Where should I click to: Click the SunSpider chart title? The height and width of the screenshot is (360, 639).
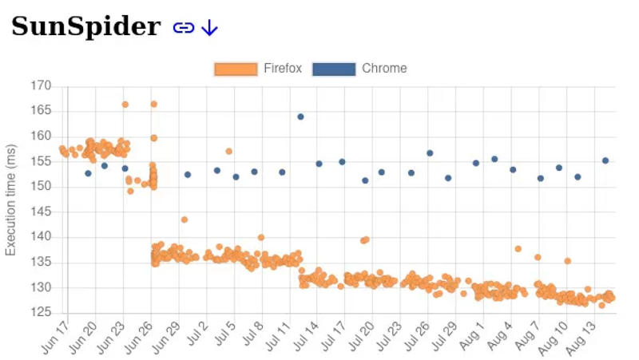pos(85,26)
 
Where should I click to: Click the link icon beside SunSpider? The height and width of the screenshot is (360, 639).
pos(184,28)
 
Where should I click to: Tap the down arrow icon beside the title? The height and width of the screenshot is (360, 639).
pos(209,28)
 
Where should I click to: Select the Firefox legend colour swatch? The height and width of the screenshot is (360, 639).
pos(236,69)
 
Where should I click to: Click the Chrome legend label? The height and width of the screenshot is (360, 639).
pos(384,69)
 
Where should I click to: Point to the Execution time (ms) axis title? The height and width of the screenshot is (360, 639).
pos(11,200)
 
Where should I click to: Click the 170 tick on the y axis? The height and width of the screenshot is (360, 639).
pos(41,85)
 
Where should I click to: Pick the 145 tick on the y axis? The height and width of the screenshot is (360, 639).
pos(41,212)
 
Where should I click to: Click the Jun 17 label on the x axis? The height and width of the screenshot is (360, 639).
pos(56,335)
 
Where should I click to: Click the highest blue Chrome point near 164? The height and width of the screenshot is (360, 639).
pos(300,117)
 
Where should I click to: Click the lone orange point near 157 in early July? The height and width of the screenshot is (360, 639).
pos(228,151)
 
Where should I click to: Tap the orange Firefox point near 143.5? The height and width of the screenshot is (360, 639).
pos(184,220)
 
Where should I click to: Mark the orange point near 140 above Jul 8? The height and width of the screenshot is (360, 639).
pos(260,237)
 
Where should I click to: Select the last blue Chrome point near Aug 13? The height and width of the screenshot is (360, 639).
pos(605,160)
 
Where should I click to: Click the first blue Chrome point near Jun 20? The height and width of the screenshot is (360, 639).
pos(88,173)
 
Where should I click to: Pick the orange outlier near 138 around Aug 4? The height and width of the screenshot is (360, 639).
pos(518,249)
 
